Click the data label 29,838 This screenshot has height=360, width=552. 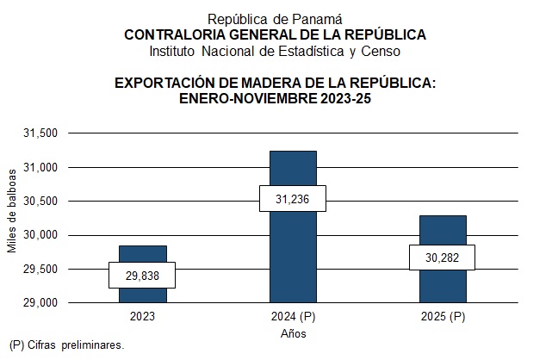click(x=143, y=275)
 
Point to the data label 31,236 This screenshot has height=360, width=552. click(x=293, y=199)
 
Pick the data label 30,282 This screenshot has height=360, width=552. click(x=443, y=257)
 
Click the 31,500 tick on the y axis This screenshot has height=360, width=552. click(x=40, y=133)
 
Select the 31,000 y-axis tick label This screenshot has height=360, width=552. click(x=40, y=167)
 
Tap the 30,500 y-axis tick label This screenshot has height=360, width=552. click(x=40, y=202)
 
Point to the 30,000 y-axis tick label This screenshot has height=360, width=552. click(x=40, y=235)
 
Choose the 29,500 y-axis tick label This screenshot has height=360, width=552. click(x=40, y=270)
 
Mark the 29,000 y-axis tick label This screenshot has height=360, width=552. click(x=40, y=303)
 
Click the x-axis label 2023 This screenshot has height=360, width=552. click(x=143, y=316)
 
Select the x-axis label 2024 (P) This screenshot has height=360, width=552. click(x=293, y=316)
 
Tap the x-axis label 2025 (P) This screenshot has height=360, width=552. click(x=443, y=316)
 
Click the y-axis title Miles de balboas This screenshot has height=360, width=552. click(x=12, y=219)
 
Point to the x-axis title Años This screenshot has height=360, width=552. click(x=293, y=333)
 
